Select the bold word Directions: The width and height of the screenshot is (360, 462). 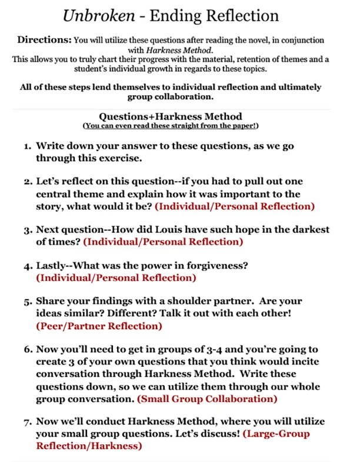pos(44,41)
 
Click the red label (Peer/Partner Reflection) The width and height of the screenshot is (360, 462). pos(99,326)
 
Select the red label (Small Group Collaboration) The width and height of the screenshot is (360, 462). pos(207,399)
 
